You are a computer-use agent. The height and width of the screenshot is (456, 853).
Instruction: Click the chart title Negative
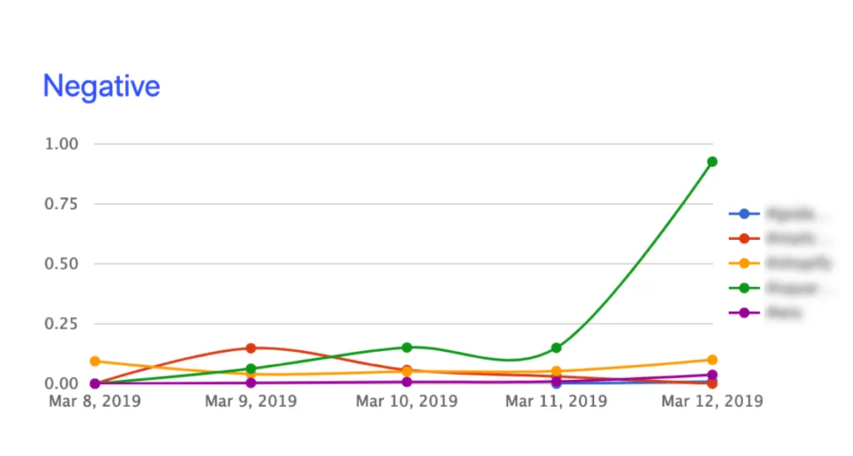point(102,86)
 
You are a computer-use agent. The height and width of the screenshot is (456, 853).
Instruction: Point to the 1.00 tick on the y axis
point(61,144)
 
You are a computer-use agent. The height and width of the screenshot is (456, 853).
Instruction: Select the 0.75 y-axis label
point(61,204)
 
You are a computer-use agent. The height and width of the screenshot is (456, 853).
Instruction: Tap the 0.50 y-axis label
point(61,264)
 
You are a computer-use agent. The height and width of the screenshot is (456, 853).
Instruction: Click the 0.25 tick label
point(61,324)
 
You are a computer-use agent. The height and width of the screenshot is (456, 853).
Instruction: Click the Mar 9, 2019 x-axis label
point(250,401)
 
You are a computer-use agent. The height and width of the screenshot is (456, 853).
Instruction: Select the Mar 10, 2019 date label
point(407,401)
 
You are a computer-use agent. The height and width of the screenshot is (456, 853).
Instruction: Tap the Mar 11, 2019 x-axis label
point(556,401)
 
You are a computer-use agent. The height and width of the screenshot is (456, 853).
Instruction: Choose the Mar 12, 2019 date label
point(712,401)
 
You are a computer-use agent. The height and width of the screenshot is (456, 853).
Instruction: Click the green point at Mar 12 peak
point(712,162)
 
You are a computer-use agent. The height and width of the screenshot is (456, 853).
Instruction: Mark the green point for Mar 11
point(556,348)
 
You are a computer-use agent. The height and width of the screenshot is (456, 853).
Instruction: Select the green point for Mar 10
point(407,347)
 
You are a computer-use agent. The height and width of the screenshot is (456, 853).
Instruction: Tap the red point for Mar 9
point(250,348)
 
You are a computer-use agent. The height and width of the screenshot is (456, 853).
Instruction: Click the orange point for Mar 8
point(95,361)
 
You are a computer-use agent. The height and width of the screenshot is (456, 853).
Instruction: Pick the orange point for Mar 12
point(712,360)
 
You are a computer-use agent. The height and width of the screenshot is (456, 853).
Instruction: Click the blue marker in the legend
point(744,213)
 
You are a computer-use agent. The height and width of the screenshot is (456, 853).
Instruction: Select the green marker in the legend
point(744,288)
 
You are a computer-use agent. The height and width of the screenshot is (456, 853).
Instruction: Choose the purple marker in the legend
point(744,313)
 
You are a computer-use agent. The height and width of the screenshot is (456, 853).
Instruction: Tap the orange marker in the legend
point(744,263)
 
